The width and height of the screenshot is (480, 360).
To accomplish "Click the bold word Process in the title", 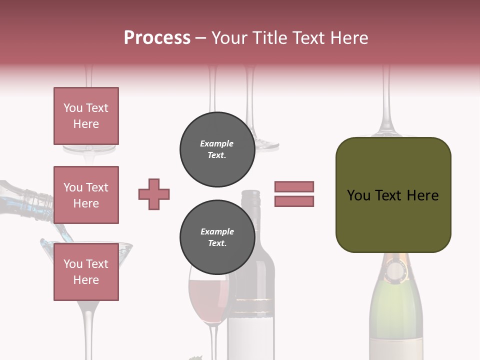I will [x=157, y=37].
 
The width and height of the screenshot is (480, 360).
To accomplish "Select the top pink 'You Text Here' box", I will [x=86, y=116].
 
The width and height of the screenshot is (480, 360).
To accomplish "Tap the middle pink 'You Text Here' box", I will [x=86, y=195].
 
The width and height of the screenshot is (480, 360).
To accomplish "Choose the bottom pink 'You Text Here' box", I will [x=86, y=271].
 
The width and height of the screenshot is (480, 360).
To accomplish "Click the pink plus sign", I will [x=154, y=194].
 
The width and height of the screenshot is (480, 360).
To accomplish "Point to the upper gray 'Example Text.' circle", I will [x=217, y=149].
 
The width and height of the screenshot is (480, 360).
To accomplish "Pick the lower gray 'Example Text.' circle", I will [x=217, y=237].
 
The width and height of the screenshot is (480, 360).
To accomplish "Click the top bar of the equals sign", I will [x=294, y=186].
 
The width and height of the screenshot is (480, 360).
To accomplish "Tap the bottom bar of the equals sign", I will [x=294, y=201].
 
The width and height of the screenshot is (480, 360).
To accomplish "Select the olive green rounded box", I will [x=393, y=195].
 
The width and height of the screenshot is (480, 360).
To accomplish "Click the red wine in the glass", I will [x=208, y=300].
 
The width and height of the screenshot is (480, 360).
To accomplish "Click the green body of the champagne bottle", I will [x=396, y=310].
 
